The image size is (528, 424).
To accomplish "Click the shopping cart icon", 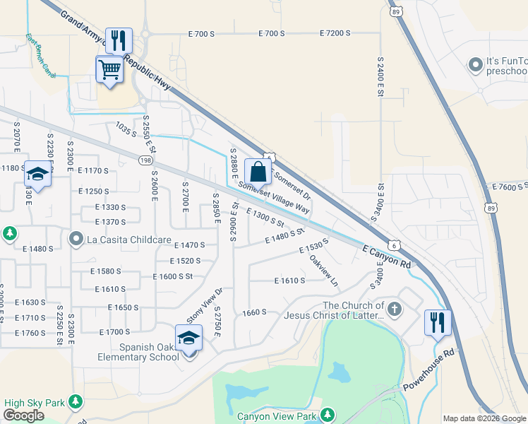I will [x=109, y=70].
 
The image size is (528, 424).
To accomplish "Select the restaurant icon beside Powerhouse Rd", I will [x=438, y=322].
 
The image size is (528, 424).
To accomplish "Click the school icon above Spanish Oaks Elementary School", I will [x=188, y=338].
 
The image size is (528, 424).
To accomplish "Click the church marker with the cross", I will [x=394, y=310].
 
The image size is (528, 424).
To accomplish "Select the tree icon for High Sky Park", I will [x=74, y=403].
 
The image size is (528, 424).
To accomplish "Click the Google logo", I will [x=24, y=416].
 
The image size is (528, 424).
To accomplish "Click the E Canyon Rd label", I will [x=387, y=257].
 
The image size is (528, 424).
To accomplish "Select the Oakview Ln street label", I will [x=323, y=270].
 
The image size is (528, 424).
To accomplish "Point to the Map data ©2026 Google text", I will [x=484, y=418].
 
